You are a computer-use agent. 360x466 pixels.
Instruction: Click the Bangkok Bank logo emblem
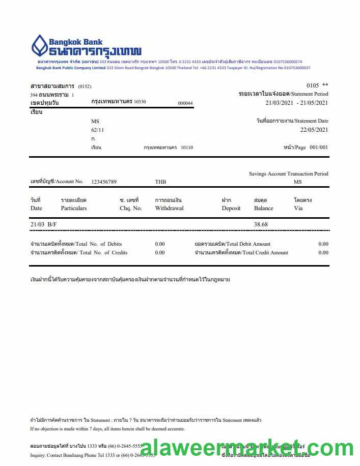pyautogui.click(x=40, y=45)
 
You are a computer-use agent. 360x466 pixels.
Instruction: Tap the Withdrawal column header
pyautogui.click(x=169, y=208)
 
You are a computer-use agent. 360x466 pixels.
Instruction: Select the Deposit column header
pyautogui.click(x=231, y=208)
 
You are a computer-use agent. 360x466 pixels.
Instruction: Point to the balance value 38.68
pyautogui.click(x=261, y=224)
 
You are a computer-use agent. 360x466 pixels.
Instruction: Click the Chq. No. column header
pyautogui.click(x=130, y=208)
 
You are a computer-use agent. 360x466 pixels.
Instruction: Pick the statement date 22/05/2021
pyautogui.click(x=314, y=130)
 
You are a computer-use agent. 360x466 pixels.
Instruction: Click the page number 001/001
pyautogui.click(x=319, y=148)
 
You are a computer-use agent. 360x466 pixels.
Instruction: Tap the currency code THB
pyautogui.click(x=160, y=182)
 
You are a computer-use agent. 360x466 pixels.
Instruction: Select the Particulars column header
pyautogui.click(x=74, y=208)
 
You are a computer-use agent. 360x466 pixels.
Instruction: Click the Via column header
pyautogui.click(x=298, y=208)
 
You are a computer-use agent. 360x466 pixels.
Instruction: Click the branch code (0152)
pyautogui.click(x=85, y=86)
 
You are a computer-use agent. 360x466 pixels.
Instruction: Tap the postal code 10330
pyautogui.click(x=140, y=102)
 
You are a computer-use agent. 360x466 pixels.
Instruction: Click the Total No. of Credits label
pyautogui.click(x=79, y=252)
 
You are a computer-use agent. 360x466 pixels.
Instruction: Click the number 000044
pyautogui.click(x=185, y=103)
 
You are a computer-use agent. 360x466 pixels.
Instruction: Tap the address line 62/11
pyautogui.click(x=98, y=130)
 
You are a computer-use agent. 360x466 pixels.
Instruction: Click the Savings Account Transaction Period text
pyautogui.click(x=288, y=174)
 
